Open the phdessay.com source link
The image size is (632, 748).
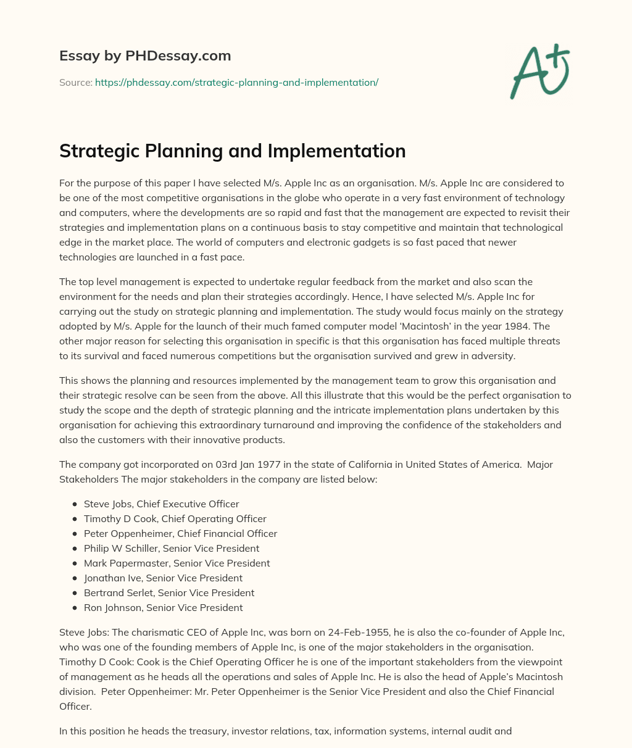pos(236,82)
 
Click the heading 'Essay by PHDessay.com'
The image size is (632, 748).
pos(145,56)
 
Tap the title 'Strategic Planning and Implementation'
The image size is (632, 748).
pos(232,151)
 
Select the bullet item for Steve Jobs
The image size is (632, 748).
pos(161,504)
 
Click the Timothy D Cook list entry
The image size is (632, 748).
pos(175,518)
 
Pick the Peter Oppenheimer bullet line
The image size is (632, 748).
pos(180,533)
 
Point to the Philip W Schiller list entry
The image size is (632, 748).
pos(171,548)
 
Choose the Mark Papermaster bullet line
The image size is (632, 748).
pos(177,563)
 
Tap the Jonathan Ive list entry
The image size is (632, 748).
pos(163,578)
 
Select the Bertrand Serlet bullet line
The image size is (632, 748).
pos(168,592)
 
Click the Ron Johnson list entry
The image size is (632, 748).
pos(163,607)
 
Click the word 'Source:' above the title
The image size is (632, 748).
pos(75,82)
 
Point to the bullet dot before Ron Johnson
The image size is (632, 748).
pos(75,608)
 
